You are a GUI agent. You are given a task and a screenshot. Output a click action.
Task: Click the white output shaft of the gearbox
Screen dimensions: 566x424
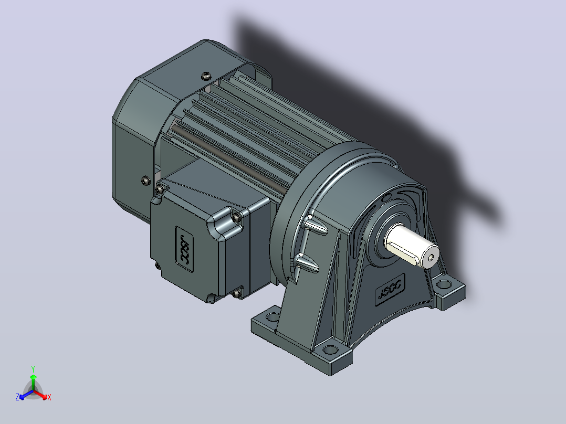[412, 246]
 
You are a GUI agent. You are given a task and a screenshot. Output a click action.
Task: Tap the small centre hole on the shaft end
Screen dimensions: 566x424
[431, 258]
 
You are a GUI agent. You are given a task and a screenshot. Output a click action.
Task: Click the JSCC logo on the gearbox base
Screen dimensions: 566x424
[390, 289]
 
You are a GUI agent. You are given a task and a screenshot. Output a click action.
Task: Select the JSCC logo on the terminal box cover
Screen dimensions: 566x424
[184, 249]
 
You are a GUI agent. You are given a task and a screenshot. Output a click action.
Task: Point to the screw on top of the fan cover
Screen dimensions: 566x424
[206, 76]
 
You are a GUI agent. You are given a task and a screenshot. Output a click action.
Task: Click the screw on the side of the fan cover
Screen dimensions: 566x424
[145, 181]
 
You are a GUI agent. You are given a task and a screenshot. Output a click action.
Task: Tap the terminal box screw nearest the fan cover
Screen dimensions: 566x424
[159, 189]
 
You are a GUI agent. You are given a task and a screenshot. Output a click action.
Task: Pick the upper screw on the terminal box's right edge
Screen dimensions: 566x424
[236, 217]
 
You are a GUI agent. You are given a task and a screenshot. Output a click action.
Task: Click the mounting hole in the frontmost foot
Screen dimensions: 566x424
[329, 349]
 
